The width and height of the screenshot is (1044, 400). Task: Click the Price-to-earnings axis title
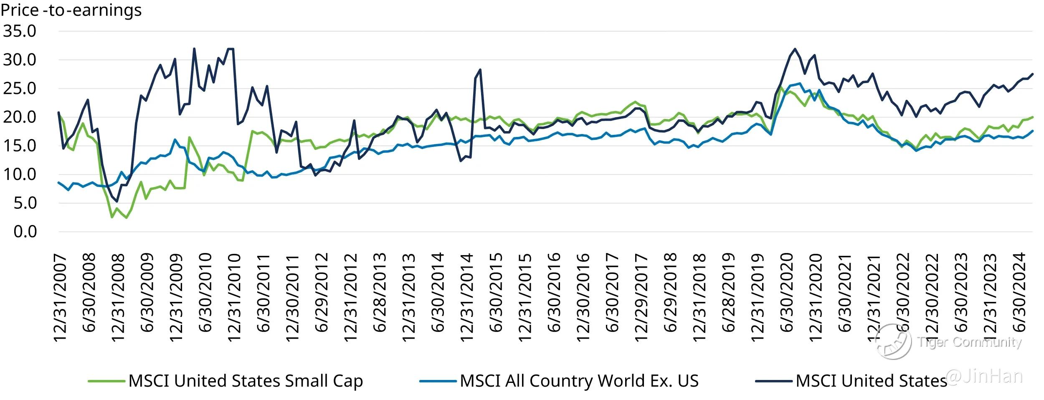click(71, 10)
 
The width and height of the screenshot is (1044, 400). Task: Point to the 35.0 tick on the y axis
click(20, 31)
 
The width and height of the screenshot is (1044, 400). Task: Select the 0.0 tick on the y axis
click(25, 231)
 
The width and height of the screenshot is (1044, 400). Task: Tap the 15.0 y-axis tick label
click(20, 146)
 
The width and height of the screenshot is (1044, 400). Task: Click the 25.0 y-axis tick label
click(20, 88)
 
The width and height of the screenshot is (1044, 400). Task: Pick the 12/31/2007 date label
click(61, 297)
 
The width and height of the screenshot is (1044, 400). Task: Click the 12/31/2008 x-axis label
click(119, 297)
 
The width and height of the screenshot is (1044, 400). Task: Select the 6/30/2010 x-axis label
click(205, 292)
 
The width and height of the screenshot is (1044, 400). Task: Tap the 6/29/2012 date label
click(322, 292)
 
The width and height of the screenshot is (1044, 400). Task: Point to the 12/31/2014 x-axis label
click(467, 297)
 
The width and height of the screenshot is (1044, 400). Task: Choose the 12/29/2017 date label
click(641, 297)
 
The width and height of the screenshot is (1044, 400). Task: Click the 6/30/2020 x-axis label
click(787, 292)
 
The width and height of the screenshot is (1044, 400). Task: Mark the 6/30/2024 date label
click(1019, 292)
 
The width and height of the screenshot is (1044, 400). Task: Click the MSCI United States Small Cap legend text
click(246, 381)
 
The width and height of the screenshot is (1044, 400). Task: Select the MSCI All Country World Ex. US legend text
click(579, 381)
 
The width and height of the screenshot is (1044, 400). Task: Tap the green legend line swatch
click(106, 381)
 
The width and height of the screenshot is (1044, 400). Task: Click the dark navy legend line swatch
click(774, 381)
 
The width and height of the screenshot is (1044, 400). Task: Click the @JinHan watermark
click(984, 376)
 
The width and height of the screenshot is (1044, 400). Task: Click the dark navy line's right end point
click(1032, 74)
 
